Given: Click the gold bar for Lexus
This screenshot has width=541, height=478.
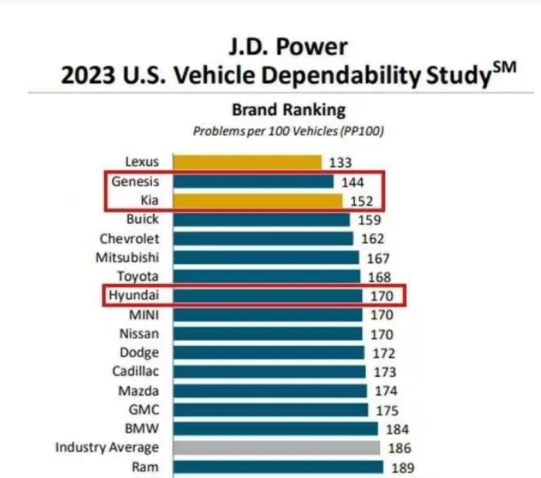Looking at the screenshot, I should (x=247, y=162).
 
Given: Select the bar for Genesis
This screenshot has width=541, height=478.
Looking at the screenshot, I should (x=253, y=181).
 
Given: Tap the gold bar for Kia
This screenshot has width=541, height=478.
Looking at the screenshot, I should (x=257, y=201).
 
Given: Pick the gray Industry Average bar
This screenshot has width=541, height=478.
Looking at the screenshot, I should (x=276, y=448).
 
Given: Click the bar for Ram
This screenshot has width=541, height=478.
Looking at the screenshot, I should (x=278, y=467).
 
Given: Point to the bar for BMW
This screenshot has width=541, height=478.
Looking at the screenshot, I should (x=276, y=429).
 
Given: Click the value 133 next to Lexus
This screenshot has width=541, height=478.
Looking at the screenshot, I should (x=340, y=162).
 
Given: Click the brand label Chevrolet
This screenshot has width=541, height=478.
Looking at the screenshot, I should (x=130, y=239).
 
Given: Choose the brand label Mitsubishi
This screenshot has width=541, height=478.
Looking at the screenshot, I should (x=128, y=257).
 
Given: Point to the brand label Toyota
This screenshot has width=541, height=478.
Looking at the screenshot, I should (x=138, y=276).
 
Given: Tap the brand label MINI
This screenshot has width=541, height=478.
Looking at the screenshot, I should (x=144, y=314).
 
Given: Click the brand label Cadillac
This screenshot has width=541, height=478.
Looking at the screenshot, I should (x=136, y=371).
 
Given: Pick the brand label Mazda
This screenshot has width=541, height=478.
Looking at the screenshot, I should (x=139, y=391).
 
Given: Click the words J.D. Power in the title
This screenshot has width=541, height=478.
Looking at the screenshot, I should (x=287, y=48).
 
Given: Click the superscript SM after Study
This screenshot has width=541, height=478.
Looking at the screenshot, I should (x=502, y=70).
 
